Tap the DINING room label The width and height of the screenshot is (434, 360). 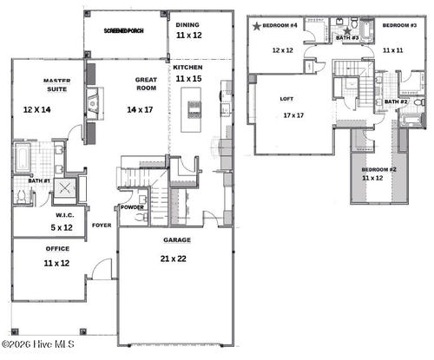[187, 24]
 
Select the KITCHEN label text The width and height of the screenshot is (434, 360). [188, 67]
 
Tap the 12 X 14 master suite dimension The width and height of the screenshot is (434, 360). [39, 110]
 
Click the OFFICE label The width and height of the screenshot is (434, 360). [57, 248]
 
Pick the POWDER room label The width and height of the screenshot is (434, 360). [133, 207]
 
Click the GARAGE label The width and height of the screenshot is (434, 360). [177, 239]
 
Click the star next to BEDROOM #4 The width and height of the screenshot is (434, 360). [257, 27]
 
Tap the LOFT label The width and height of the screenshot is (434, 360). [286, 98]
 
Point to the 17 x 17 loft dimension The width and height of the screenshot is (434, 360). [292, 115]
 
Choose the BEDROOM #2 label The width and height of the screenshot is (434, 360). [378, 168]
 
